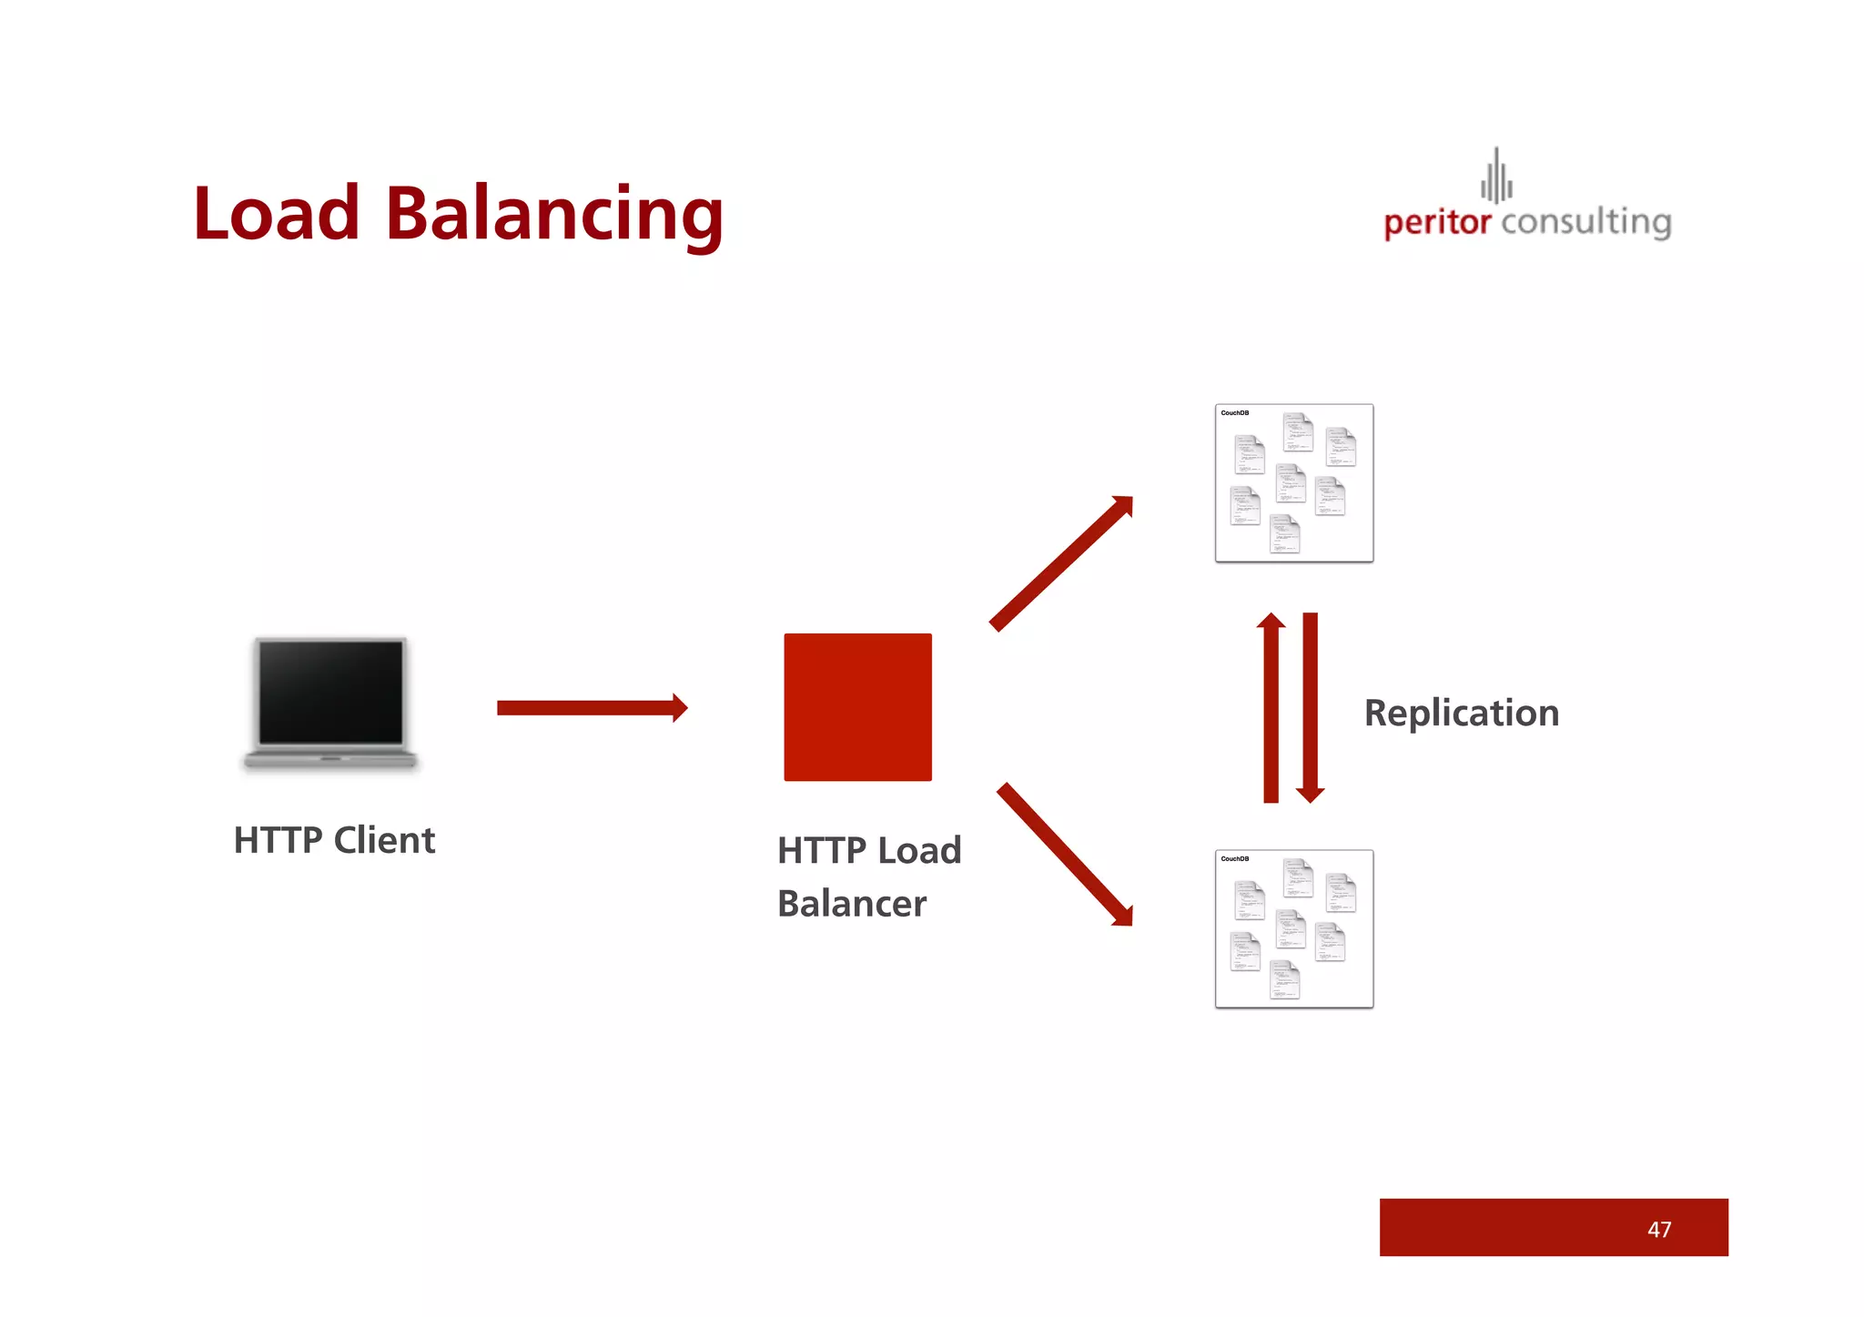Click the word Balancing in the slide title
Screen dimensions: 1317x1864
click(x=554, y=215)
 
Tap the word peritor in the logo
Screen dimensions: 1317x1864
click(x=1437, y=222)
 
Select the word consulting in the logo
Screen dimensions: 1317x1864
click(x=1586, y=222)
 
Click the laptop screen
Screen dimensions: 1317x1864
click(x=331, y=692)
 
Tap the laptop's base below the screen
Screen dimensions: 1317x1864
click(x=330, y=758)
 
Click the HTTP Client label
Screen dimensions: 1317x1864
click(x=334, y=840)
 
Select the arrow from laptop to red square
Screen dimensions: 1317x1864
click(x=592, y=707)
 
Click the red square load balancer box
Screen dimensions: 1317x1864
click(x=857, y=707)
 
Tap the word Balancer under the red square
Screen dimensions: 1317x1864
click(x=852, y=904)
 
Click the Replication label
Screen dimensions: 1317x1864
click(x=1462, y=713)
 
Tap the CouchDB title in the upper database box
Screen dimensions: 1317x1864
click(x=1235, y=413)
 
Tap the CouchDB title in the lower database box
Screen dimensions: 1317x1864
click(x=1235, y=859)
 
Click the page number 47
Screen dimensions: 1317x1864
click(x=1659, y=1230)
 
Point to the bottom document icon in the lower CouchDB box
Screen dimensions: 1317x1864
click(x=1285, y=980)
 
